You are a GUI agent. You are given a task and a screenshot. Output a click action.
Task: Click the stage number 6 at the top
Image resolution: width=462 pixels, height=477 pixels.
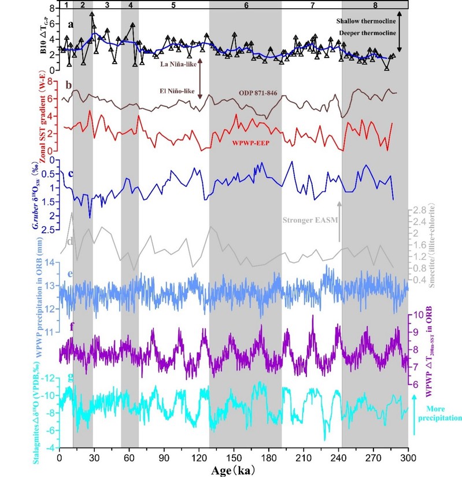pyautogui.click(x=246, y=5)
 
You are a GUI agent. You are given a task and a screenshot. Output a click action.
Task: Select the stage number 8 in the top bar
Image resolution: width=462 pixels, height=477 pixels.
pyautogui.click(x=375, y=5)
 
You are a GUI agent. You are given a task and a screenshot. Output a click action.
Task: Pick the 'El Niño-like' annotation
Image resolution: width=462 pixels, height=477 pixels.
pyautogui.click(x=178, y=91)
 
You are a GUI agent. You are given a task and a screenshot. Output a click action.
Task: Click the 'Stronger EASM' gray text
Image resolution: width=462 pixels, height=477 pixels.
pyautogui.click(x=309, y=220)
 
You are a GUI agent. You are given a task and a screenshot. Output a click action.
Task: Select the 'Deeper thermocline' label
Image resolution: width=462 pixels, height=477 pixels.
pyautogui.click(x=364, y=33)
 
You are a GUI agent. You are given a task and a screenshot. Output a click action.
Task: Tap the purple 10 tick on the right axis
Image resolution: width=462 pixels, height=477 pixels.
pyautogui.click(x=418, y=315)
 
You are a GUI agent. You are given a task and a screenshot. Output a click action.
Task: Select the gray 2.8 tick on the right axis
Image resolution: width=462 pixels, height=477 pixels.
pyautogui.click(x=418, y=210)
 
